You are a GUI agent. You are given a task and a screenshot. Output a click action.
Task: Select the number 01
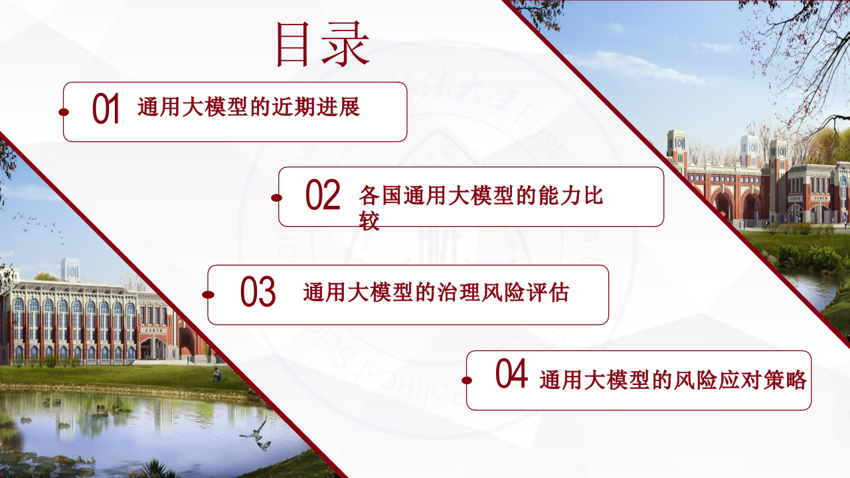(106, 110)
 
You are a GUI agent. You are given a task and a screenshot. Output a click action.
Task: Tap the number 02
(323, 195)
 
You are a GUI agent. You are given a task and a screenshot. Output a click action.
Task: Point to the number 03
(258, 293)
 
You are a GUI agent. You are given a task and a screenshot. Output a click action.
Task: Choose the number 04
(512, 375)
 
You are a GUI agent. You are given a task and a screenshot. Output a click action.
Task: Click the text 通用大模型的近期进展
(248, 107)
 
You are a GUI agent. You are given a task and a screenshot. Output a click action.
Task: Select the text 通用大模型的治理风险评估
(436, 292)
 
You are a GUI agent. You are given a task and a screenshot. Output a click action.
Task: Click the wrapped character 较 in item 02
(369, 222)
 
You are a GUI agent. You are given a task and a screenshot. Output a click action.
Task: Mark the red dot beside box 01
(64, 112)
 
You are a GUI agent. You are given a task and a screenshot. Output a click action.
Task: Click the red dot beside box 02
(277, 197)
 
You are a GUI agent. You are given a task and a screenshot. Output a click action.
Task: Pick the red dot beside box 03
(208, 294)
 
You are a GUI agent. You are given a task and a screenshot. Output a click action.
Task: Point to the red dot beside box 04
(467, 380)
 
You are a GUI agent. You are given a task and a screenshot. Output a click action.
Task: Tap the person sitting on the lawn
(216, 376)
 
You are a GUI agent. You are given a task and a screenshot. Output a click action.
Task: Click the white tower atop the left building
(70, 269)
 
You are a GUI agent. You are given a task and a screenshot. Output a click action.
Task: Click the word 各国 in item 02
(381, 196)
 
